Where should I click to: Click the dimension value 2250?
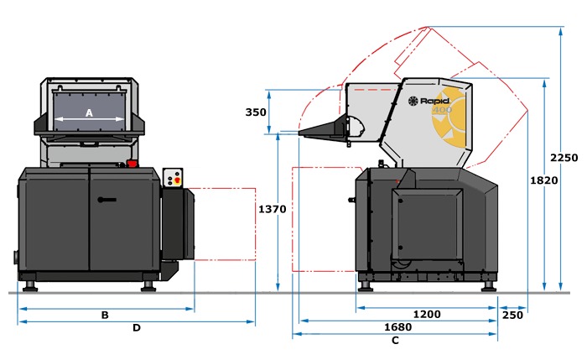[564, 158]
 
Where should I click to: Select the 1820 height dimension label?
[544, 180]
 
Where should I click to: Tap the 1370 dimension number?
[273, 209]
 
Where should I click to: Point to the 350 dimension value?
[256, 112]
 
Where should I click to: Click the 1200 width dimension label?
[427, 314]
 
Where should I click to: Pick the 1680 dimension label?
[398, 327]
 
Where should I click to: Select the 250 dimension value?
[512, 315]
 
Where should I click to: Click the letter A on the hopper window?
[89, 112]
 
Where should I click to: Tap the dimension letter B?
[105, 315]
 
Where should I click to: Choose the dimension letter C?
[395, 340]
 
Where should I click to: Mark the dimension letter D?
[137, 328]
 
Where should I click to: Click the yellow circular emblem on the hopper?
[449, 118]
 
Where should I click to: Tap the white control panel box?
[173, 178]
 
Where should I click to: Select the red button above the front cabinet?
[132, 164]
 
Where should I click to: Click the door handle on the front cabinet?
[107, 200]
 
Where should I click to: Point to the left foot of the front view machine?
[30, 287]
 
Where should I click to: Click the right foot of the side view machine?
[489, 287]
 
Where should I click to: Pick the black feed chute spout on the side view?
[325, 129]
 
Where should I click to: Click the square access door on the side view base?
[428, 224]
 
